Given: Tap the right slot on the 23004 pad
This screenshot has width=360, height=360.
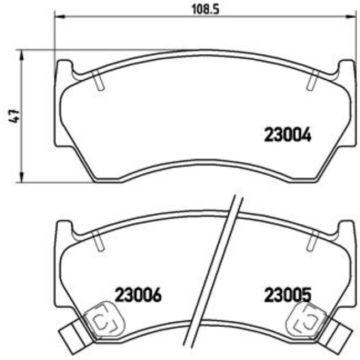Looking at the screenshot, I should pyautogui.click(x=311, y=81).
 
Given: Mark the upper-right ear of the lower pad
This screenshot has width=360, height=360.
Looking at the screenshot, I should pyautogui.click(x=346, y=228).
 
